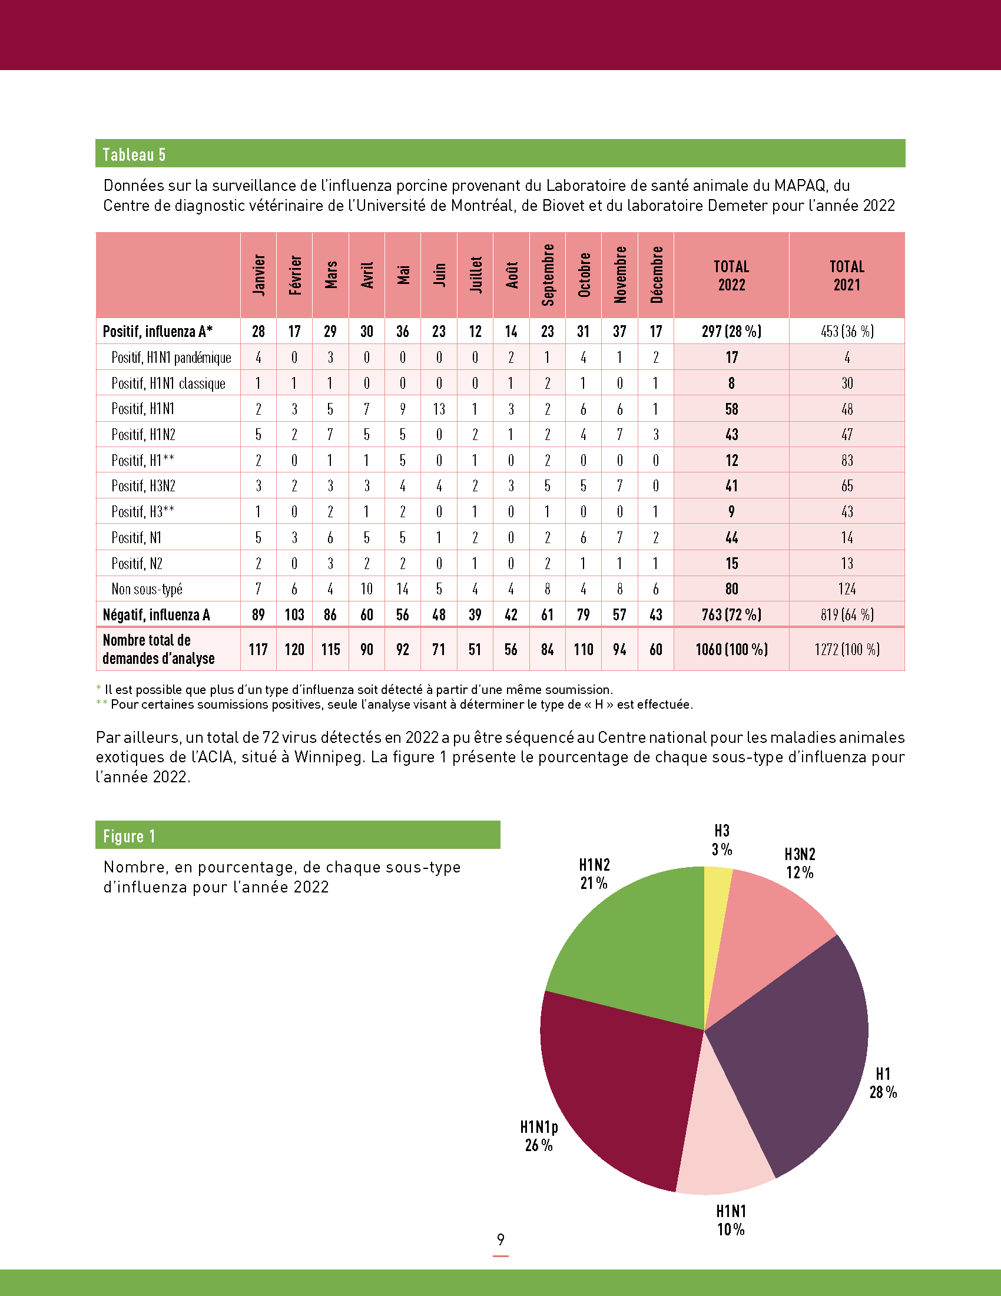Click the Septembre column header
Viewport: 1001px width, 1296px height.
(x=548, y=275)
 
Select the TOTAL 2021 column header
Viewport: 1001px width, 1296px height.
(x=847, y=275)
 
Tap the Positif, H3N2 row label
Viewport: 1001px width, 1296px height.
(x=144, y=486)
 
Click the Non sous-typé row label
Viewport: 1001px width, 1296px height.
(x=147, y=589)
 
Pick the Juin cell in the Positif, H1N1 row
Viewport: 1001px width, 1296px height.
(x=439, y=409)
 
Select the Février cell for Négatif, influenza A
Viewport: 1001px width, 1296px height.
(x=294, y=615)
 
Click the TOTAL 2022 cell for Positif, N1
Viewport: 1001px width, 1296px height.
(x=731, y=538)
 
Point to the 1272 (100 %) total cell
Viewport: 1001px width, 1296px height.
(x=847, y=649)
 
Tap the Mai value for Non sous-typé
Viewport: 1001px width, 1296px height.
(x=403, y=589)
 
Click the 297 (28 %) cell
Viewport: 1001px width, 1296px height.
(x=731, y=331)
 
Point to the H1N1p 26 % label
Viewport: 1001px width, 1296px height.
(x=539, y=1136)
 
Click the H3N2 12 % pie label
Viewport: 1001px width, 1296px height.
(x=800, y=864)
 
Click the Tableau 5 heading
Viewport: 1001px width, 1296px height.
(x=134, y=154)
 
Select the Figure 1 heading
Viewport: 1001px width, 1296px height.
(x=130, y=836)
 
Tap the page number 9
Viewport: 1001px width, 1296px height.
(x=501, y=1239)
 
